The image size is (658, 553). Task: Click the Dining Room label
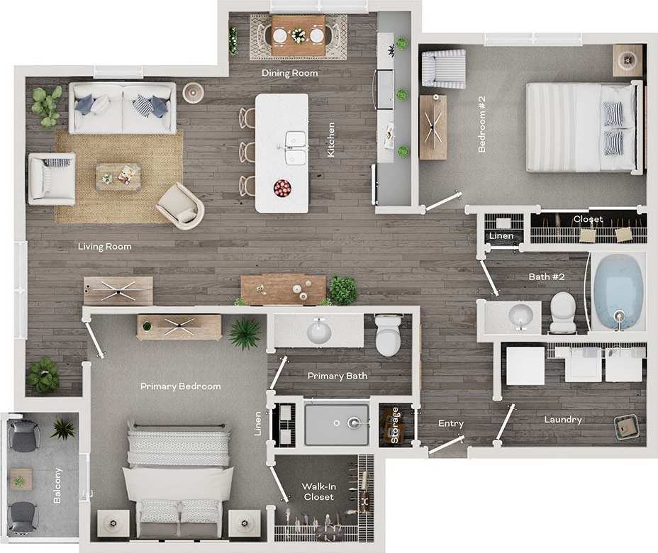click(289, 73)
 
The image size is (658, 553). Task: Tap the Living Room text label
click(105, 247)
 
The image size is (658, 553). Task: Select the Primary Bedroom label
click(180, 386)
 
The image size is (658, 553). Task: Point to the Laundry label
click(563, 420)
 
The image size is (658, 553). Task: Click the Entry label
click(451, 424)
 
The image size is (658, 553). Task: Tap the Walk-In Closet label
click(318, 491)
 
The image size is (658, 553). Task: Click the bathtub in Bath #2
click(618, 292)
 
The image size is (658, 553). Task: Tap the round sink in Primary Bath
click(318, 330)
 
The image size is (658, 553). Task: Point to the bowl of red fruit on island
click(282, 188)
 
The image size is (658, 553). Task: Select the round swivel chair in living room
click(180, 206)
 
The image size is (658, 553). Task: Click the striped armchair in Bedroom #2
click(443, 69)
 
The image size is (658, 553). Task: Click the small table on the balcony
click(21, 480)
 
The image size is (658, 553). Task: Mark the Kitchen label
click(331, 140)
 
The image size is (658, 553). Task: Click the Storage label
click(395, 425)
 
